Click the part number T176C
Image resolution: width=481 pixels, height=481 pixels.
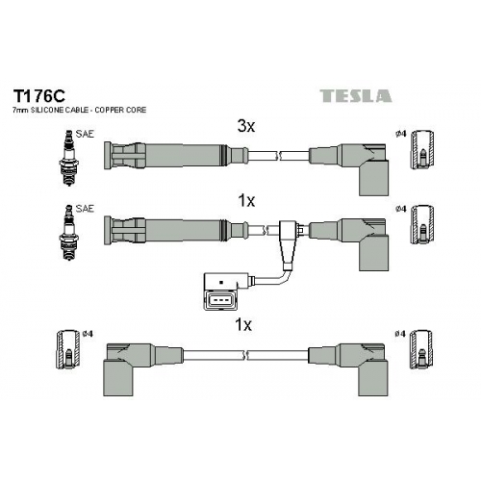click(38, 95)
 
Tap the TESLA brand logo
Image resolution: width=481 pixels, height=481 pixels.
click(356, 96)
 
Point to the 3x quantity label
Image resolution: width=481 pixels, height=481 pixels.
click(246, 126)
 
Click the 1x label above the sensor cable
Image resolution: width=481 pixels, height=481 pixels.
click(246, 201)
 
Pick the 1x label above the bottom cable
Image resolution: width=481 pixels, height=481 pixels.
click(243, 325)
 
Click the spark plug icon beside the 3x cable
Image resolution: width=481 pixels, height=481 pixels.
click(68, 158)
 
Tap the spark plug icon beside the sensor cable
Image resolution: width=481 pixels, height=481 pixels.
click(68, 232)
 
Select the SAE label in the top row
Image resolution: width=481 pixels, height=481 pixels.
click(85, 134)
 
